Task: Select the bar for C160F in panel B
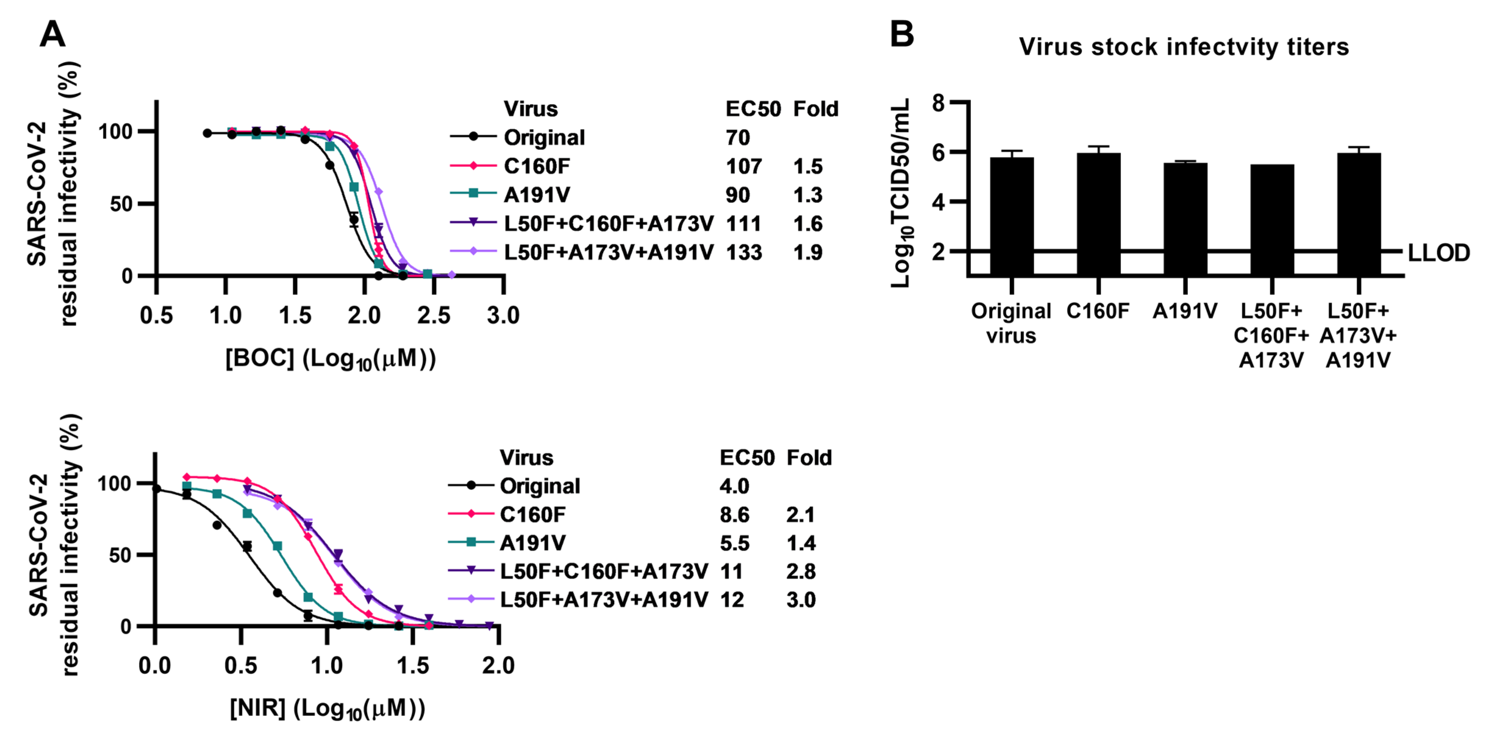[x=1098, y=213]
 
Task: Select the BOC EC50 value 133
[x=744, y=252]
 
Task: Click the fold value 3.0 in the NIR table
[x=801, y=600]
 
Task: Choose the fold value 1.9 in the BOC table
[x=808, y=252]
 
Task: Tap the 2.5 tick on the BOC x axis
[x=434, y=315]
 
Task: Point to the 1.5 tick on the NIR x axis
[x=413, y=666]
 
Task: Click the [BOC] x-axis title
[x=330, y=359]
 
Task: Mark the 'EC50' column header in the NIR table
[x=747, y=458]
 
